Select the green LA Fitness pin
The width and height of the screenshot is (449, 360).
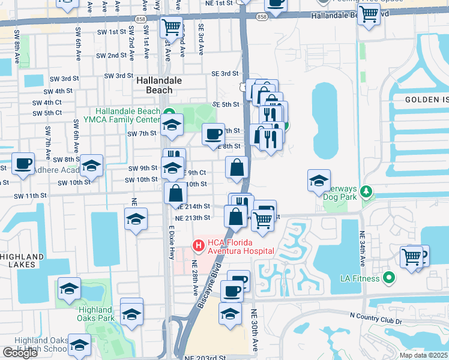[x=388, y=278]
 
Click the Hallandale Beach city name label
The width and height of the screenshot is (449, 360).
[x=155, y=85]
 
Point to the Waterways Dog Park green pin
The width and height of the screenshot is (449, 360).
[x=364, y=192]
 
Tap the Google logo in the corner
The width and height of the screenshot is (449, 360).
[x=20, y=353]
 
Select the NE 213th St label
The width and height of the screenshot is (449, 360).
[x=193, y=218]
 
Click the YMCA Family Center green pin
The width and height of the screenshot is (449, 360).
[x=170, y=112]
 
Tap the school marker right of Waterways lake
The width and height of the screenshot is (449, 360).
[x=319, y=179]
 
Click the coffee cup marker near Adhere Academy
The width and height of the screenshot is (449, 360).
[x=23, y=163]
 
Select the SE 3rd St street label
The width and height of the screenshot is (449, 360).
[x=224, y=73]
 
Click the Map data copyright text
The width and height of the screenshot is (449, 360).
[x=423, y=355]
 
